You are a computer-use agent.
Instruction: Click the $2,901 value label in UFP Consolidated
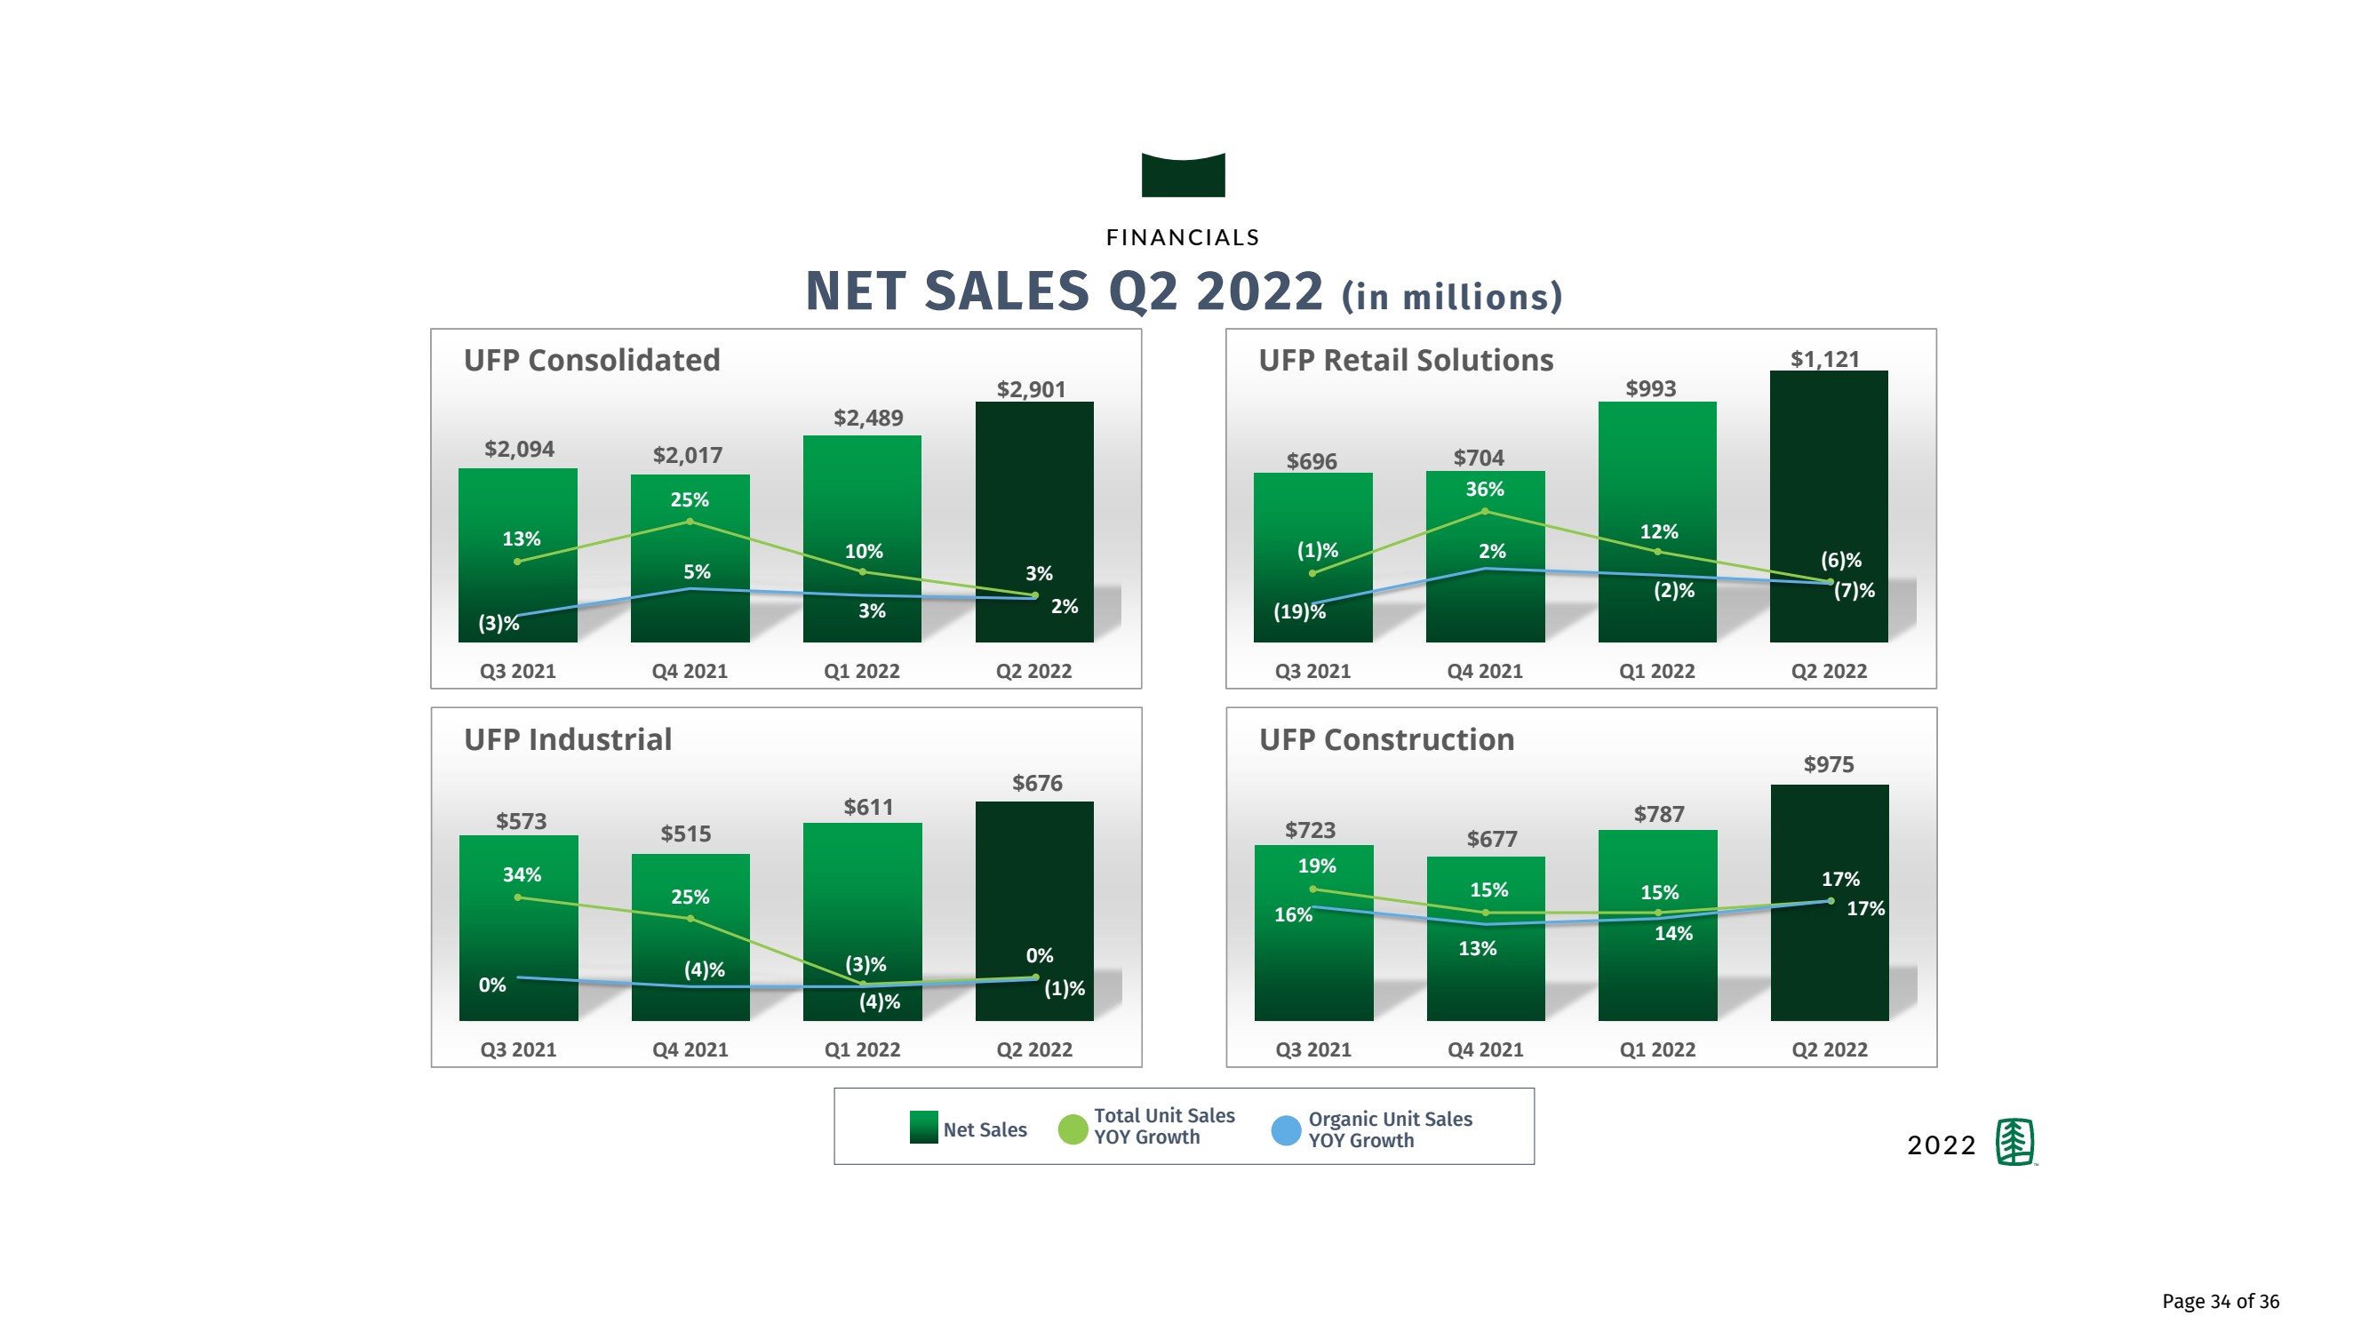1031,389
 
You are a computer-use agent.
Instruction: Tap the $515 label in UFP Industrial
685,833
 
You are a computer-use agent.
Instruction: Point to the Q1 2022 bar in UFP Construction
1657,957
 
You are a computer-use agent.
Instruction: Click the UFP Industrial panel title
568,739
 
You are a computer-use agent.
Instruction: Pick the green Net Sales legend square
923,1128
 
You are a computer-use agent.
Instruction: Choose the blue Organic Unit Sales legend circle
1285,1130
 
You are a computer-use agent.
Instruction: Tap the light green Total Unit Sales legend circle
1073,1129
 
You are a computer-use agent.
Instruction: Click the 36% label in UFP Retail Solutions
1484,490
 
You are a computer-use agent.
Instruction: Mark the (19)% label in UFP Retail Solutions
1298,611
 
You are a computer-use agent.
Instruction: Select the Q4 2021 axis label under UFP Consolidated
689,672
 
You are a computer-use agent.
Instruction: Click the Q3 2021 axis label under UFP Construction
1312,1049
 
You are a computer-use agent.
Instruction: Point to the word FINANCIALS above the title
1183,237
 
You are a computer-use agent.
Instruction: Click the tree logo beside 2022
2015,1143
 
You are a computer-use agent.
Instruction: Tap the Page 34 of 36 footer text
2220,1301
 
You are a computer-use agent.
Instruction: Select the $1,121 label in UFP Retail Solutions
1824,359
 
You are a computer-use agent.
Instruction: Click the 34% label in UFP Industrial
522,874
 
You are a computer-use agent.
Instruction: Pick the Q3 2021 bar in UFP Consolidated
518,589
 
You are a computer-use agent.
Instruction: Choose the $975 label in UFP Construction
1828,764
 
